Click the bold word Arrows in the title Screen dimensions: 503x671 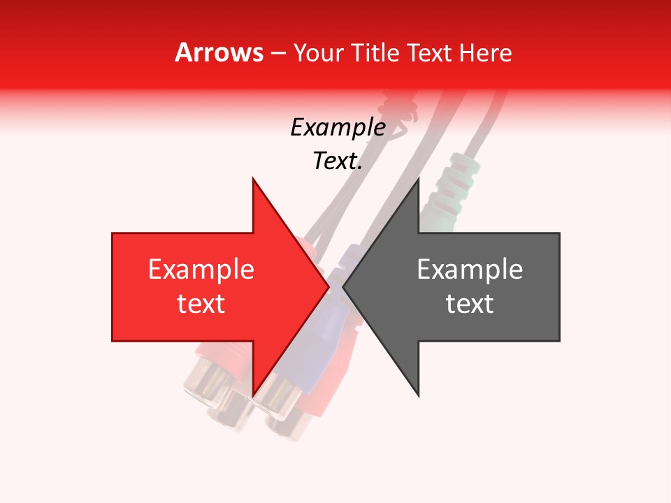pos(219,52)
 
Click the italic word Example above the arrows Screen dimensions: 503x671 pos(338,128)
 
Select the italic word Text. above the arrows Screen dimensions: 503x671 pos(338,161)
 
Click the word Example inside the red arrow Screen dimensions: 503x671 pos(201,270)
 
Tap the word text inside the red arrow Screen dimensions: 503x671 pos(201,304)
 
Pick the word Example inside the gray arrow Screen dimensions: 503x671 pos(470,270)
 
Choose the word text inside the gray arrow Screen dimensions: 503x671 pos(470,304)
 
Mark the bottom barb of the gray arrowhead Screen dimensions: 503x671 pos(418,394)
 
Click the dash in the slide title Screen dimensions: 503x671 pos(277,53)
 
